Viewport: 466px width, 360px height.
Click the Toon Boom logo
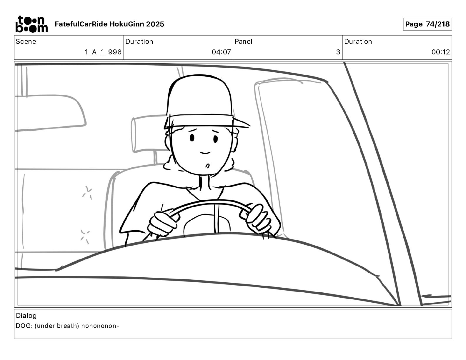tap(32, 24)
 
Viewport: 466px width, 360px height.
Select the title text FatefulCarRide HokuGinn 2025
tap(109, 24)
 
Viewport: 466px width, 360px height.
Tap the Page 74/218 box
tap(427, 24)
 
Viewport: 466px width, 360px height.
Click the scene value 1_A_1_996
tap(103, 52)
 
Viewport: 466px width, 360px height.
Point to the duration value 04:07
tap(221, 52)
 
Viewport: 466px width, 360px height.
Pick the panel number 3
tap(338, 52)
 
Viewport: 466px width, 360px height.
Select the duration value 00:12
tap(440, 52)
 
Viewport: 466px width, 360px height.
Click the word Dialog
tap(26, 316)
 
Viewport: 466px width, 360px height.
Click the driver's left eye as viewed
tap(192, 138)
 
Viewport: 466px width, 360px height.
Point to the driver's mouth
tap(205, 153)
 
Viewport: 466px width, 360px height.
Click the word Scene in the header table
tap(26, 41)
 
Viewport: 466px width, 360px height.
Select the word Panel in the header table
tap(243, 41)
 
